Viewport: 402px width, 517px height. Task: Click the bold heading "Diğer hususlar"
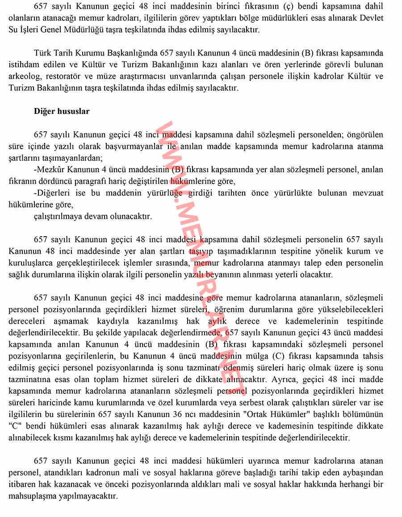[x=62, y=112]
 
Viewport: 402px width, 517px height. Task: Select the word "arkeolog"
[x=24, y=76]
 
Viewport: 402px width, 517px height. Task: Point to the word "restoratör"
[x=65, y=76]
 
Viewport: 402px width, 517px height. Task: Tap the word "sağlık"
[x=19, y=275]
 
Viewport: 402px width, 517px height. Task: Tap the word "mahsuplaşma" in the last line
[x=30, y=496]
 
